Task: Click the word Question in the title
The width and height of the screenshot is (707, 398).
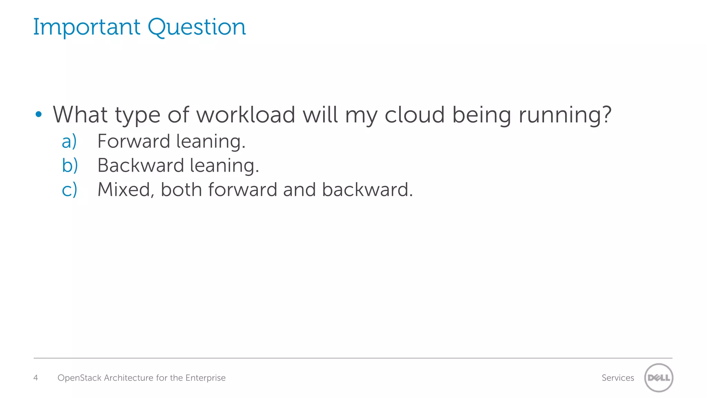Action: pos(197,28)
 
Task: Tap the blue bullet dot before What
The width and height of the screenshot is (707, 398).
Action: pos(39,114)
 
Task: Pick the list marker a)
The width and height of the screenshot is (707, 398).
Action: pos(69,141)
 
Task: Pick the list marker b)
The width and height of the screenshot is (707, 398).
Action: pos(70,165)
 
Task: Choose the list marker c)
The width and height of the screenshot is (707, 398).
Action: pos(69,190)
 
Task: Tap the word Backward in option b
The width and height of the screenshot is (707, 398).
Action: pos(141,165)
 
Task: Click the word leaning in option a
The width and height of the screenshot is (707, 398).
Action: pos(211,142)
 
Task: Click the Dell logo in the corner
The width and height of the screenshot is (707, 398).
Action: pos(659,378)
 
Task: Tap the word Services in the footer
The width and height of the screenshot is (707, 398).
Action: pos(618,378)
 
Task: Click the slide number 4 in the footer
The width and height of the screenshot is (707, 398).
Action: pos(36,378)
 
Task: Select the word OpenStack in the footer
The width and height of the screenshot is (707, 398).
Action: pos(79,378)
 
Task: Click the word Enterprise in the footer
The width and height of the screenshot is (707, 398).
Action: pos(205,378)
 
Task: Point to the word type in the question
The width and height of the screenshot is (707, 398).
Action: pos(137,116)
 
